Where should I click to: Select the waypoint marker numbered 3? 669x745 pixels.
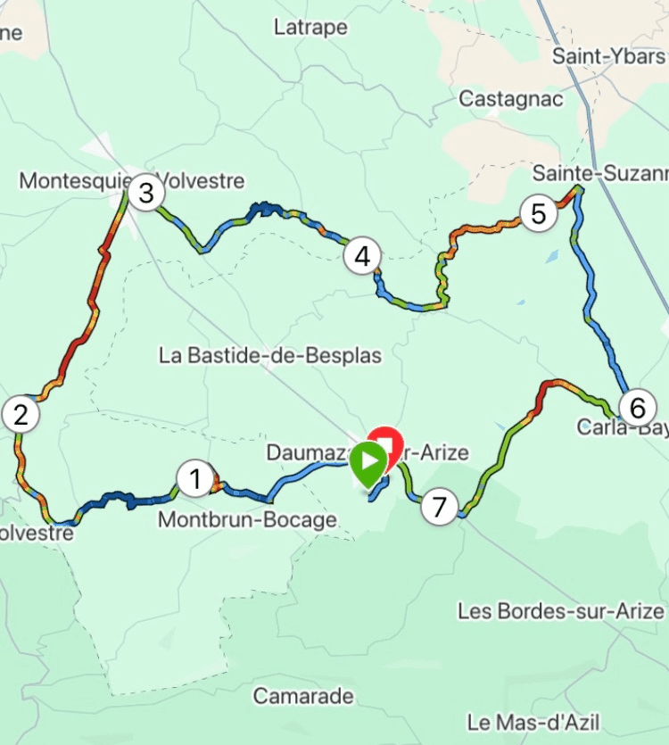point(145,193)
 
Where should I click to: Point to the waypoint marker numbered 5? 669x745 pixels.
point(538,214)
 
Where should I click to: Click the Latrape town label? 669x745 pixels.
point(310,28)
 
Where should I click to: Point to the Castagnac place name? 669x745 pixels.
point(511,99)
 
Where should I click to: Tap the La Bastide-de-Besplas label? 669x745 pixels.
point(270,356)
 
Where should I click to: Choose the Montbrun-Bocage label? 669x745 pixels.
point(247,520)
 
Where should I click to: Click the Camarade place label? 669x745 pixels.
point(303,696)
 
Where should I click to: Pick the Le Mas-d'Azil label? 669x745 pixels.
point(533,722)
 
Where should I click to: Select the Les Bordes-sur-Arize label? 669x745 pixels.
point(561,611)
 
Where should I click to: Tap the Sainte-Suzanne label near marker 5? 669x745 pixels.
point(599,171)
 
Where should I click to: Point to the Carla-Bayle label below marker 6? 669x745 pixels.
point(622,428)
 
